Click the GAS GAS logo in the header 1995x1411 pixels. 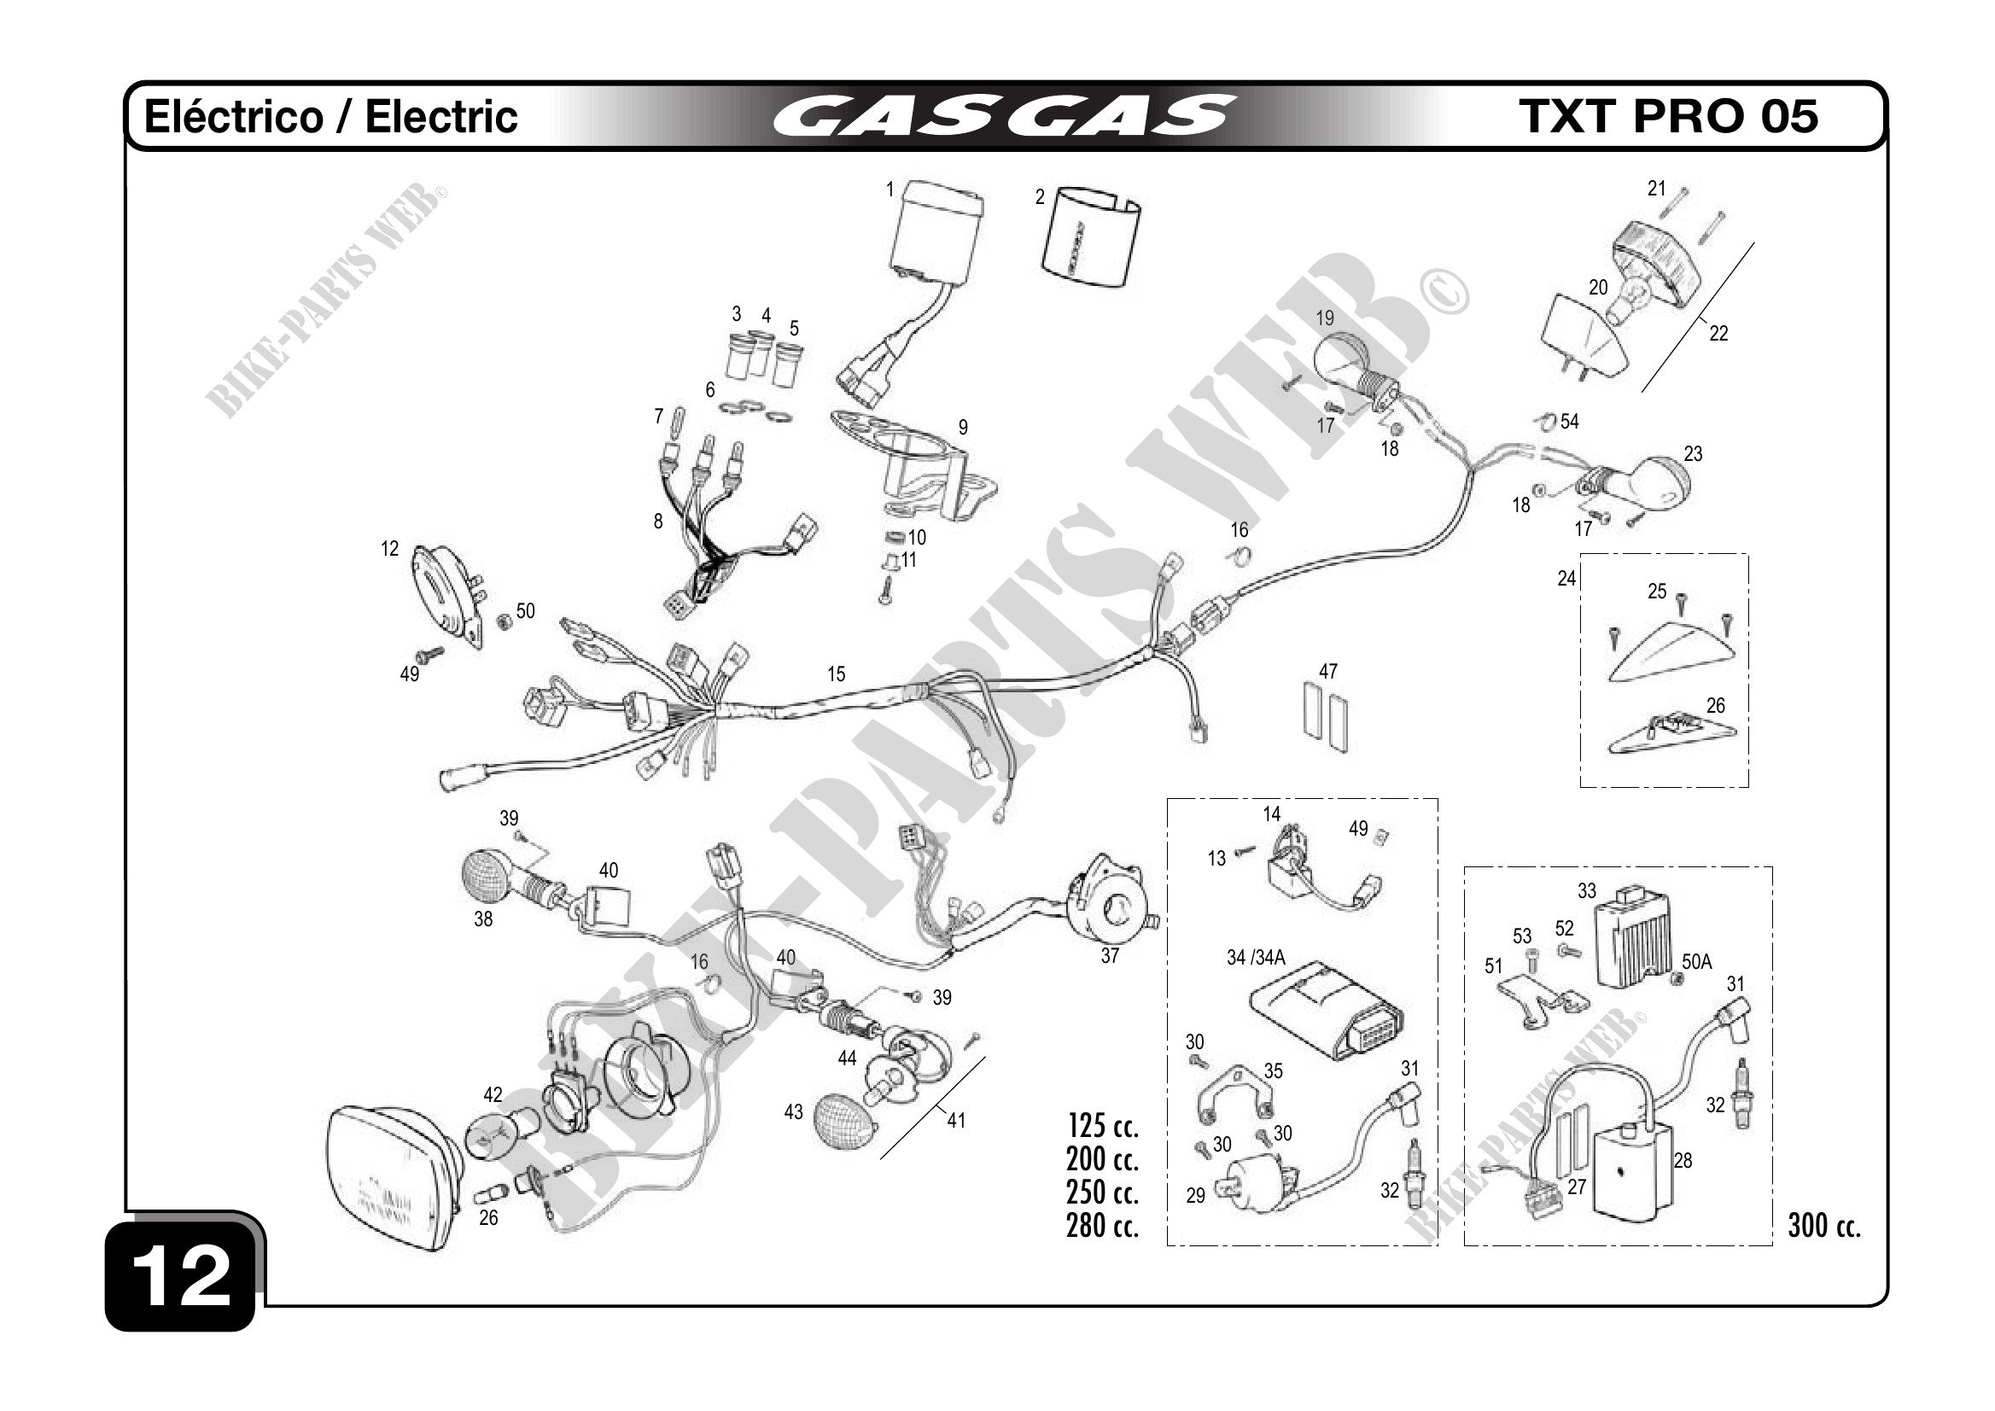tap(1005, 116)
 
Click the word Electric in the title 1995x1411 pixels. tap(440, 116)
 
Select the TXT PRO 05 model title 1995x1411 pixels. tap(1667, 116)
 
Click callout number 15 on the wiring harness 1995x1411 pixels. tap(836, 674)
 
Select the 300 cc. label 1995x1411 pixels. tap(1823, 1226)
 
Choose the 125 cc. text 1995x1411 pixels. tap(1103, 1127)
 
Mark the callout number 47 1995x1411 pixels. tap(1327, 672)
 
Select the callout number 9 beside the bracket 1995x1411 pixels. tap(963, 428)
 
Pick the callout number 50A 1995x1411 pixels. tap(1696, 962)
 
